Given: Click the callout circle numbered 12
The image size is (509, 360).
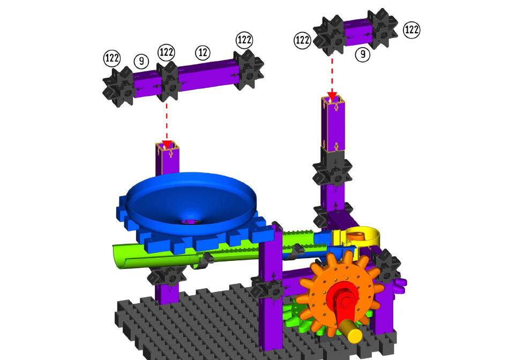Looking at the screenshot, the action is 203,52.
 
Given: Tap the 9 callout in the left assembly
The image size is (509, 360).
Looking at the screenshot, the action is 141,61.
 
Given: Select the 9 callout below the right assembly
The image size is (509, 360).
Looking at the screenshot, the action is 363,54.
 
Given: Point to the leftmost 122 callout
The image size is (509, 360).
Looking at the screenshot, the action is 112,58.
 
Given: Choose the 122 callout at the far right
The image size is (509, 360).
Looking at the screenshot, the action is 411,30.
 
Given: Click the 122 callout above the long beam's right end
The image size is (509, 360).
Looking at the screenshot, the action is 244,40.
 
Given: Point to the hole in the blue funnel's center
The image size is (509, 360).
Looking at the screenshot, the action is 191,221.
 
